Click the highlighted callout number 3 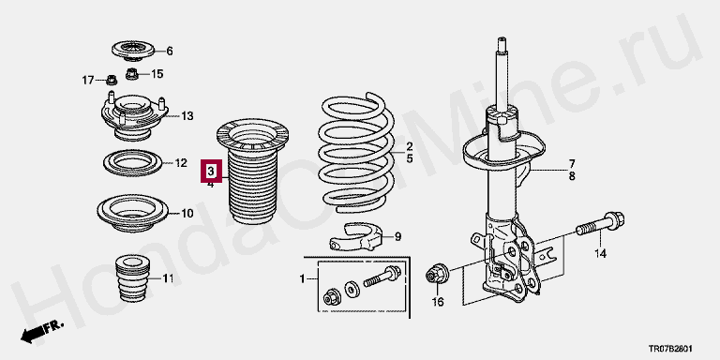[210, 172]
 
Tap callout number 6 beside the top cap [170, 51]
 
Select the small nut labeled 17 [112, 80]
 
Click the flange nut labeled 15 [132, 73]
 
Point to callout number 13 [187, 116]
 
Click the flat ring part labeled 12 [134, 163]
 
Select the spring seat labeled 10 [133, 213]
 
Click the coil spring [356, 153]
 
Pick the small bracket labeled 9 [356, 236]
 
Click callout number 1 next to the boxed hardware [302, 278]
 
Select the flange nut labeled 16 [437, 275]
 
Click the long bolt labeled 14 [599, 224]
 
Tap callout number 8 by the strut [572, 176]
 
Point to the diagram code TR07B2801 [670, 349]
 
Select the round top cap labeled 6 [133, 51]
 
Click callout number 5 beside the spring [409, 158]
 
